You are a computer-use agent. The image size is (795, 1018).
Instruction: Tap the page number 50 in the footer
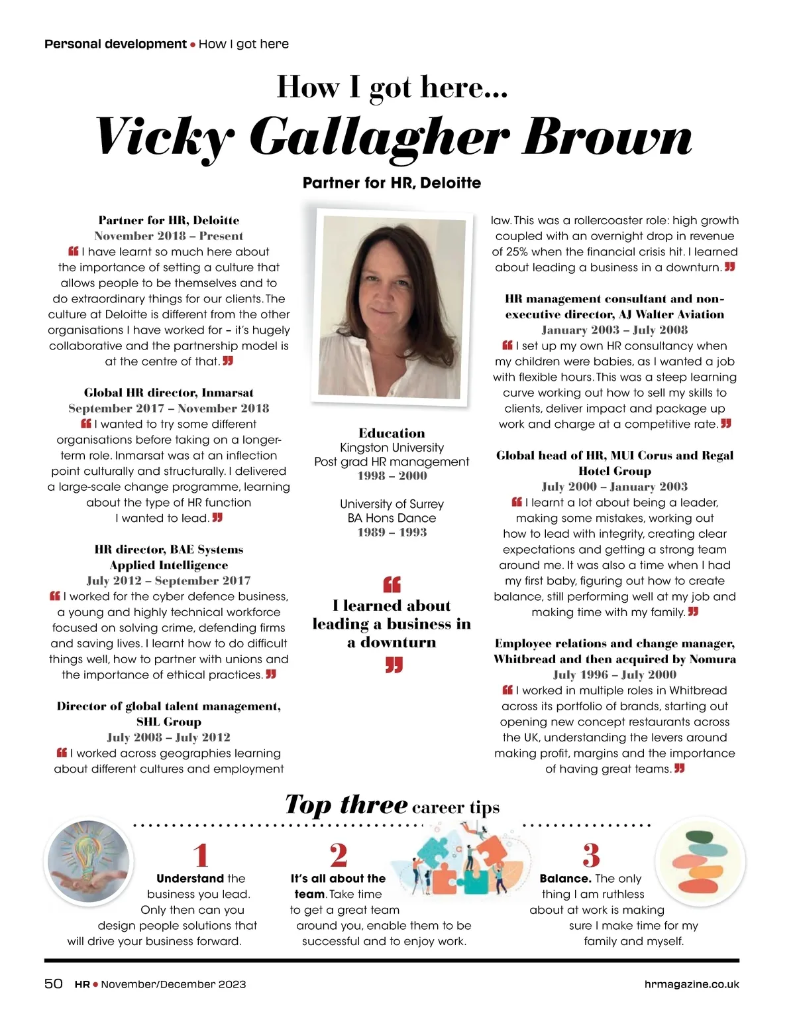pos(54,984)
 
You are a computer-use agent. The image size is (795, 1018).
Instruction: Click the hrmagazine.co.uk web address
pos(692,984)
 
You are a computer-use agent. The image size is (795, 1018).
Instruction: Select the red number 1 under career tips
pos(201,856)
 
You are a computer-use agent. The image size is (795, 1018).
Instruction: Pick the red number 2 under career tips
pos(339,856)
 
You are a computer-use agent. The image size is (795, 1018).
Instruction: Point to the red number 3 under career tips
pos(591,856)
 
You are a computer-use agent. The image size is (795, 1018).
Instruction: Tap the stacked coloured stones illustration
pos(700,861)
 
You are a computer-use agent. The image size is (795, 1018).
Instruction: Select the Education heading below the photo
pos(392,433)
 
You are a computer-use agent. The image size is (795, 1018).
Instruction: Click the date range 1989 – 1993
pos(392,532)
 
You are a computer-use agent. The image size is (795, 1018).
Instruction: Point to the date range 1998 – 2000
pos(392,476)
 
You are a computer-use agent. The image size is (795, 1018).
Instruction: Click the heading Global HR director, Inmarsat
pos(168,393)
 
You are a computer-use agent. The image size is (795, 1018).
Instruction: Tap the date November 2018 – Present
pos(168,236)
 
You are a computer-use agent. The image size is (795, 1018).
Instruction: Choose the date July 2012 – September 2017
pos(168,581)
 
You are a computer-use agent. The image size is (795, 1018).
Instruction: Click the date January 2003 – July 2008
pos(614,330)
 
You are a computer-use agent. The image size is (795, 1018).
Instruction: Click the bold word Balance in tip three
pos(565,879)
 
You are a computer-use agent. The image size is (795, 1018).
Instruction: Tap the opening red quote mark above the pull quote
pos(392,584)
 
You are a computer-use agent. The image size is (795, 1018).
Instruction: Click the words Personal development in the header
pos(115,44)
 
